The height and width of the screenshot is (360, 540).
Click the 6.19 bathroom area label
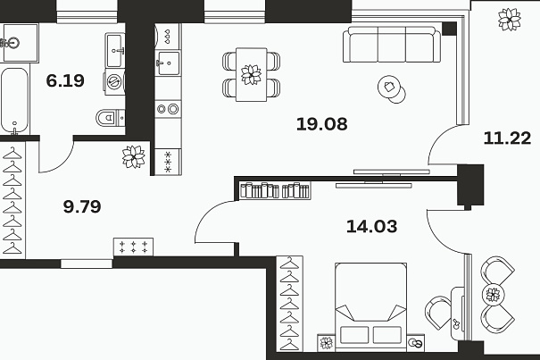click(x=65, y=80)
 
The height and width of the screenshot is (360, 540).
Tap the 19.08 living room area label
click(x=321, y=124)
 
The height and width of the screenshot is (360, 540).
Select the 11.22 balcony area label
click(x=507, y=138)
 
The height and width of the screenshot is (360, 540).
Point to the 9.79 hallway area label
click(x=82, y=206)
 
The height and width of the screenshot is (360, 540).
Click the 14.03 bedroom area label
click(x=371, y=227)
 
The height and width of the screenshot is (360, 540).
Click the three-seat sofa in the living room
click(x=392, y=45)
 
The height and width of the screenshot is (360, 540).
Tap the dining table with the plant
click(x=251, y=74)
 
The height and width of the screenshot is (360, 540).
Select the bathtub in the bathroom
click(x=14, y=101)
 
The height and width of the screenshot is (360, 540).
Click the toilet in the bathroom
click(x=110, y=118)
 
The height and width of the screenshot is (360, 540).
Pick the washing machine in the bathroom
click(x=114, y=81)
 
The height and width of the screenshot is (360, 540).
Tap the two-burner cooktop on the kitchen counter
click(x=168, y=109)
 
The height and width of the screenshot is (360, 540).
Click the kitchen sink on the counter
click(x=168, y=63)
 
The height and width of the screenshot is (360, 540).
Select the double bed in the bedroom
click(x=370, y=307)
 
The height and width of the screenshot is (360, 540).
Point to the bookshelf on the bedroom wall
click(x=275, y=190)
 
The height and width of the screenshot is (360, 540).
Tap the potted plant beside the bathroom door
click(x=134, y=157)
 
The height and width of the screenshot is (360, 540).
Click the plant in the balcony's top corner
click(x=509, y=20)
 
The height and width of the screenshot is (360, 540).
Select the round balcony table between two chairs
click(x=493, y=295)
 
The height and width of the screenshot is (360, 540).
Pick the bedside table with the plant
click(x=326, y=343)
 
